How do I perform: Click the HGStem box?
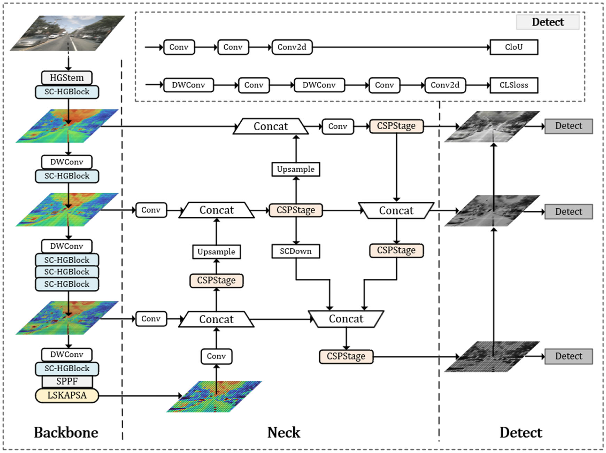pyautogui.click(x=67, y=78)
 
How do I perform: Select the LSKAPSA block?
pyautogui.click(x=67, y=395)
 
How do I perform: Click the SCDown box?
pyautogui.click(x=296, y=251)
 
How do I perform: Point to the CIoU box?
pyautogui.click(x=514, y=47)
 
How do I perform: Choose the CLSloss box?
pyautogui.click(x=514, y=85)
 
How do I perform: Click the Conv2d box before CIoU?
pyautogui.click(x=292, y=47)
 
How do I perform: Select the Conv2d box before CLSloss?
pyautogui.click(x=445, y=85)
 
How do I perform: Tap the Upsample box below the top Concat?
pyautogui.click(x=296, y=169)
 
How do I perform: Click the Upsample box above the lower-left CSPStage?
pyautogui.click(x=216, y=252)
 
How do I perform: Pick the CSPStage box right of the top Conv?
pyautogui.click(x=396, y=126)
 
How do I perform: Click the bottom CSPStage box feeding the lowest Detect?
pyautogui.click(x=346, y=356)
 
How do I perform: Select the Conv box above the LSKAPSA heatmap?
pyautogui.click(x=216, y=356)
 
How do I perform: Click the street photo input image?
pyautogui.click(x=67, y=33)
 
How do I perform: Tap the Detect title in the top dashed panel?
pyautogui.click(x=548, y=22)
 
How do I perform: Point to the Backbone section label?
pyautogui.click(x=66, y=432)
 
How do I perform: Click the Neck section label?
pyautogui.click(x=284, y=432)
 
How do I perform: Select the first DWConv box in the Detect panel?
pyautogui.click(x=188, y=85)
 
